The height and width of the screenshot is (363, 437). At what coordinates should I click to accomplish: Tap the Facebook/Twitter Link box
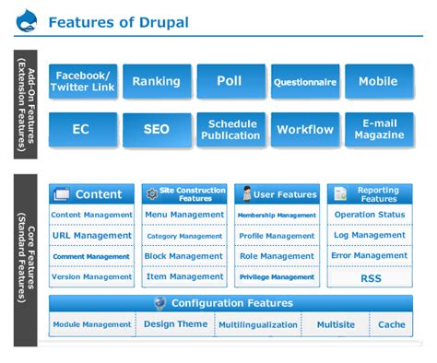82,81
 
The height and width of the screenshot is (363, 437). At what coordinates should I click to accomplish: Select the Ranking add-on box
157,81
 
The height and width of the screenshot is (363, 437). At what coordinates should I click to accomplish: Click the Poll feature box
230,81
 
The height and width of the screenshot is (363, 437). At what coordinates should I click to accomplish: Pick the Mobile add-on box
379,81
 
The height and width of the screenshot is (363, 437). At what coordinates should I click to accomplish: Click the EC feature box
82,130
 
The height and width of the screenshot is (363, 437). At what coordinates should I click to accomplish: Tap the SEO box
157,130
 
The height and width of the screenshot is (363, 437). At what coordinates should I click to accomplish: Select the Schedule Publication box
230,130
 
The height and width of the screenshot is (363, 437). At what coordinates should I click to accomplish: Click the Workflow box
305,130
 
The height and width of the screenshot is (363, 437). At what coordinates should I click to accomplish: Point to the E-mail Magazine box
379,130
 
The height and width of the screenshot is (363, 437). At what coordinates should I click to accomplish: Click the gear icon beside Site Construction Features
152,193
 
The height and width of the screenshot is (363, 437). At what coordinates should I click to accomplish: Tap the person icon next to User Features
247,193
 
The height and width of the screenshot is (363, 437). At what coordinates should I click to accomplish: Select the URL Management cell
91,235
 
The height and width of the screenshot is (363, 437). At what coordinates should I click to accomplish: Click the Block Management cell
184,256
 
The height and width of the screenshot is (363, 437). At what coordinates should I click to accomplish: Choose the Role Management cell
277,256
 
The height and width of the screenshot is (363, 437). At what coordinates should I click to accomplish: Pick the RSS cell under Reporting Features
370,276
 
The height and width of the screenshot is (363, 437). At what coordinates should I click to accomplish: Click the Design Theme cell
175,324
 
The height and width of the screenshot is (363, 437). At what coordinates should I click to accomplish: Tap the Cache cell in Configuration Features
392,324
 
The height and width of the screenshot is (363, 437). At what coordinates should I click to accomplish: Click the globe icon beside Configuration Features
159,303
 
